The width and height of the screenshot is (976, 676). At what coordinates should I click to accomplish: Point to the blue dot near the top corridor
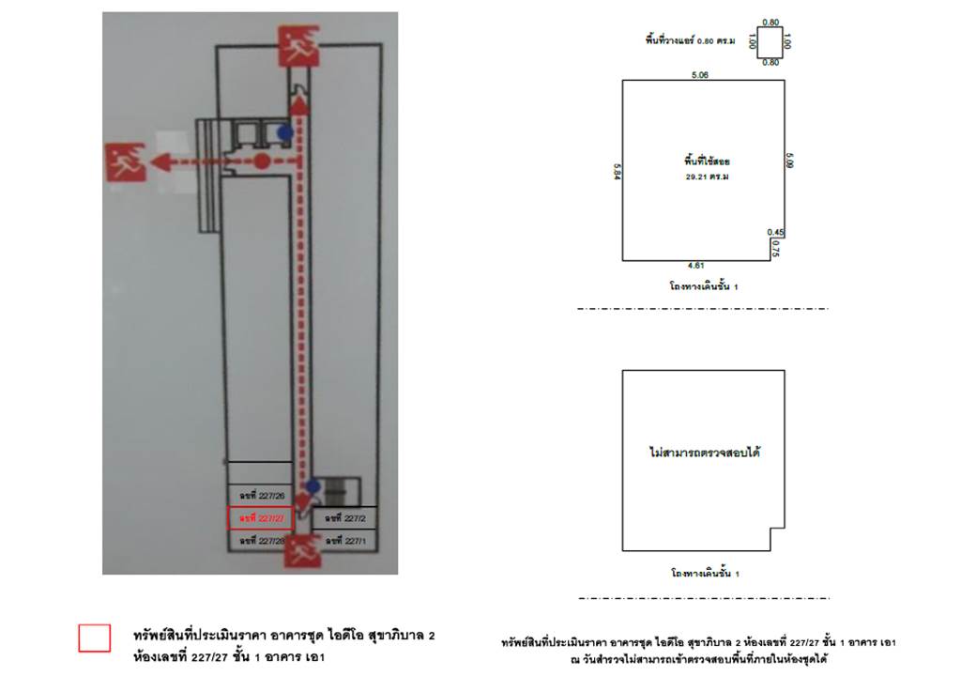coord(284,133)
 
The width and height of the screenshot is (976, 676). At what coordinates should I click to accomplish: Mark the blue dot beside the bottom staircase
coord(314,486)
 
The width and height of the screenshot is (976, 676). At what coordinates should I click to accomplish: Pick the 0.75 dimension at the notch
coord(775,249)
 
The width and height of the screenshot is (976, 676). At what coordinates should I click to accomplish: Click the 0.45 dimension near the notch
coord(775,232)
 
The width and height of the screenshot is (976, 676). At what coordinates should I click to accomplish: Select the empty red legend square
coord(94,638)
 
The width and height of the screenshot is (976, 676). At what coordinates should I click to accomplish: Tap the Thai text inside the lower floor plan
coord(704,453)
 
